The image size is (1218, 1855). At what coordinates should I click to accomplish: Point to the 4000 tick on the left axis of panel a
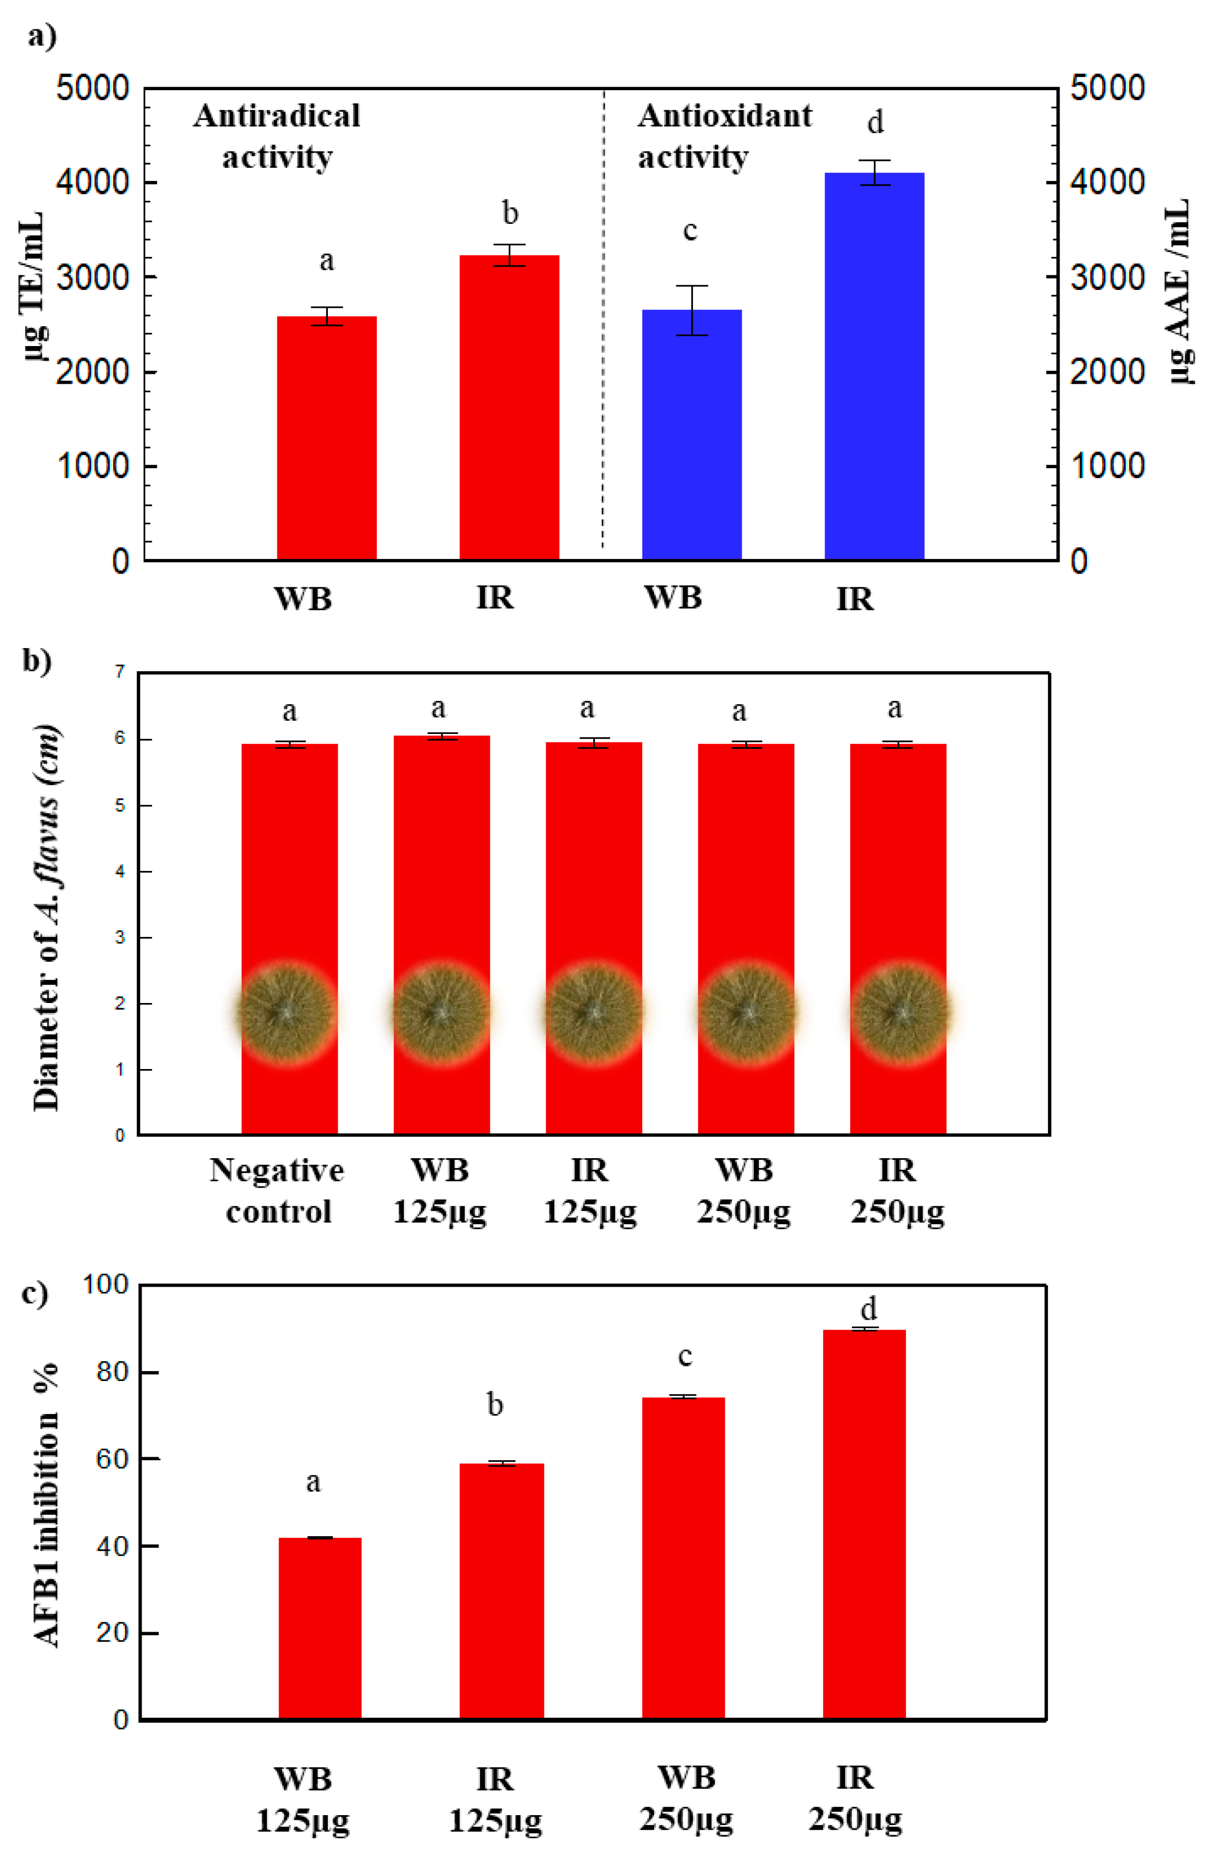pos(92,182)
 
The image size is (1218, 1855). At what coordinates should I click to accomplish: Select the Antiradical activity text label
pos(277,136)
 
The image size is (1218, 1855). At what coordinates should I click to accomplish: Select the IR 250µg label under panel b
pos(897,1191)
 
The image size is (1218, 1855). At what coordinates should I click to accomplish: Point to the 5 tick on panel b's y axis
pos(120,805)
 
